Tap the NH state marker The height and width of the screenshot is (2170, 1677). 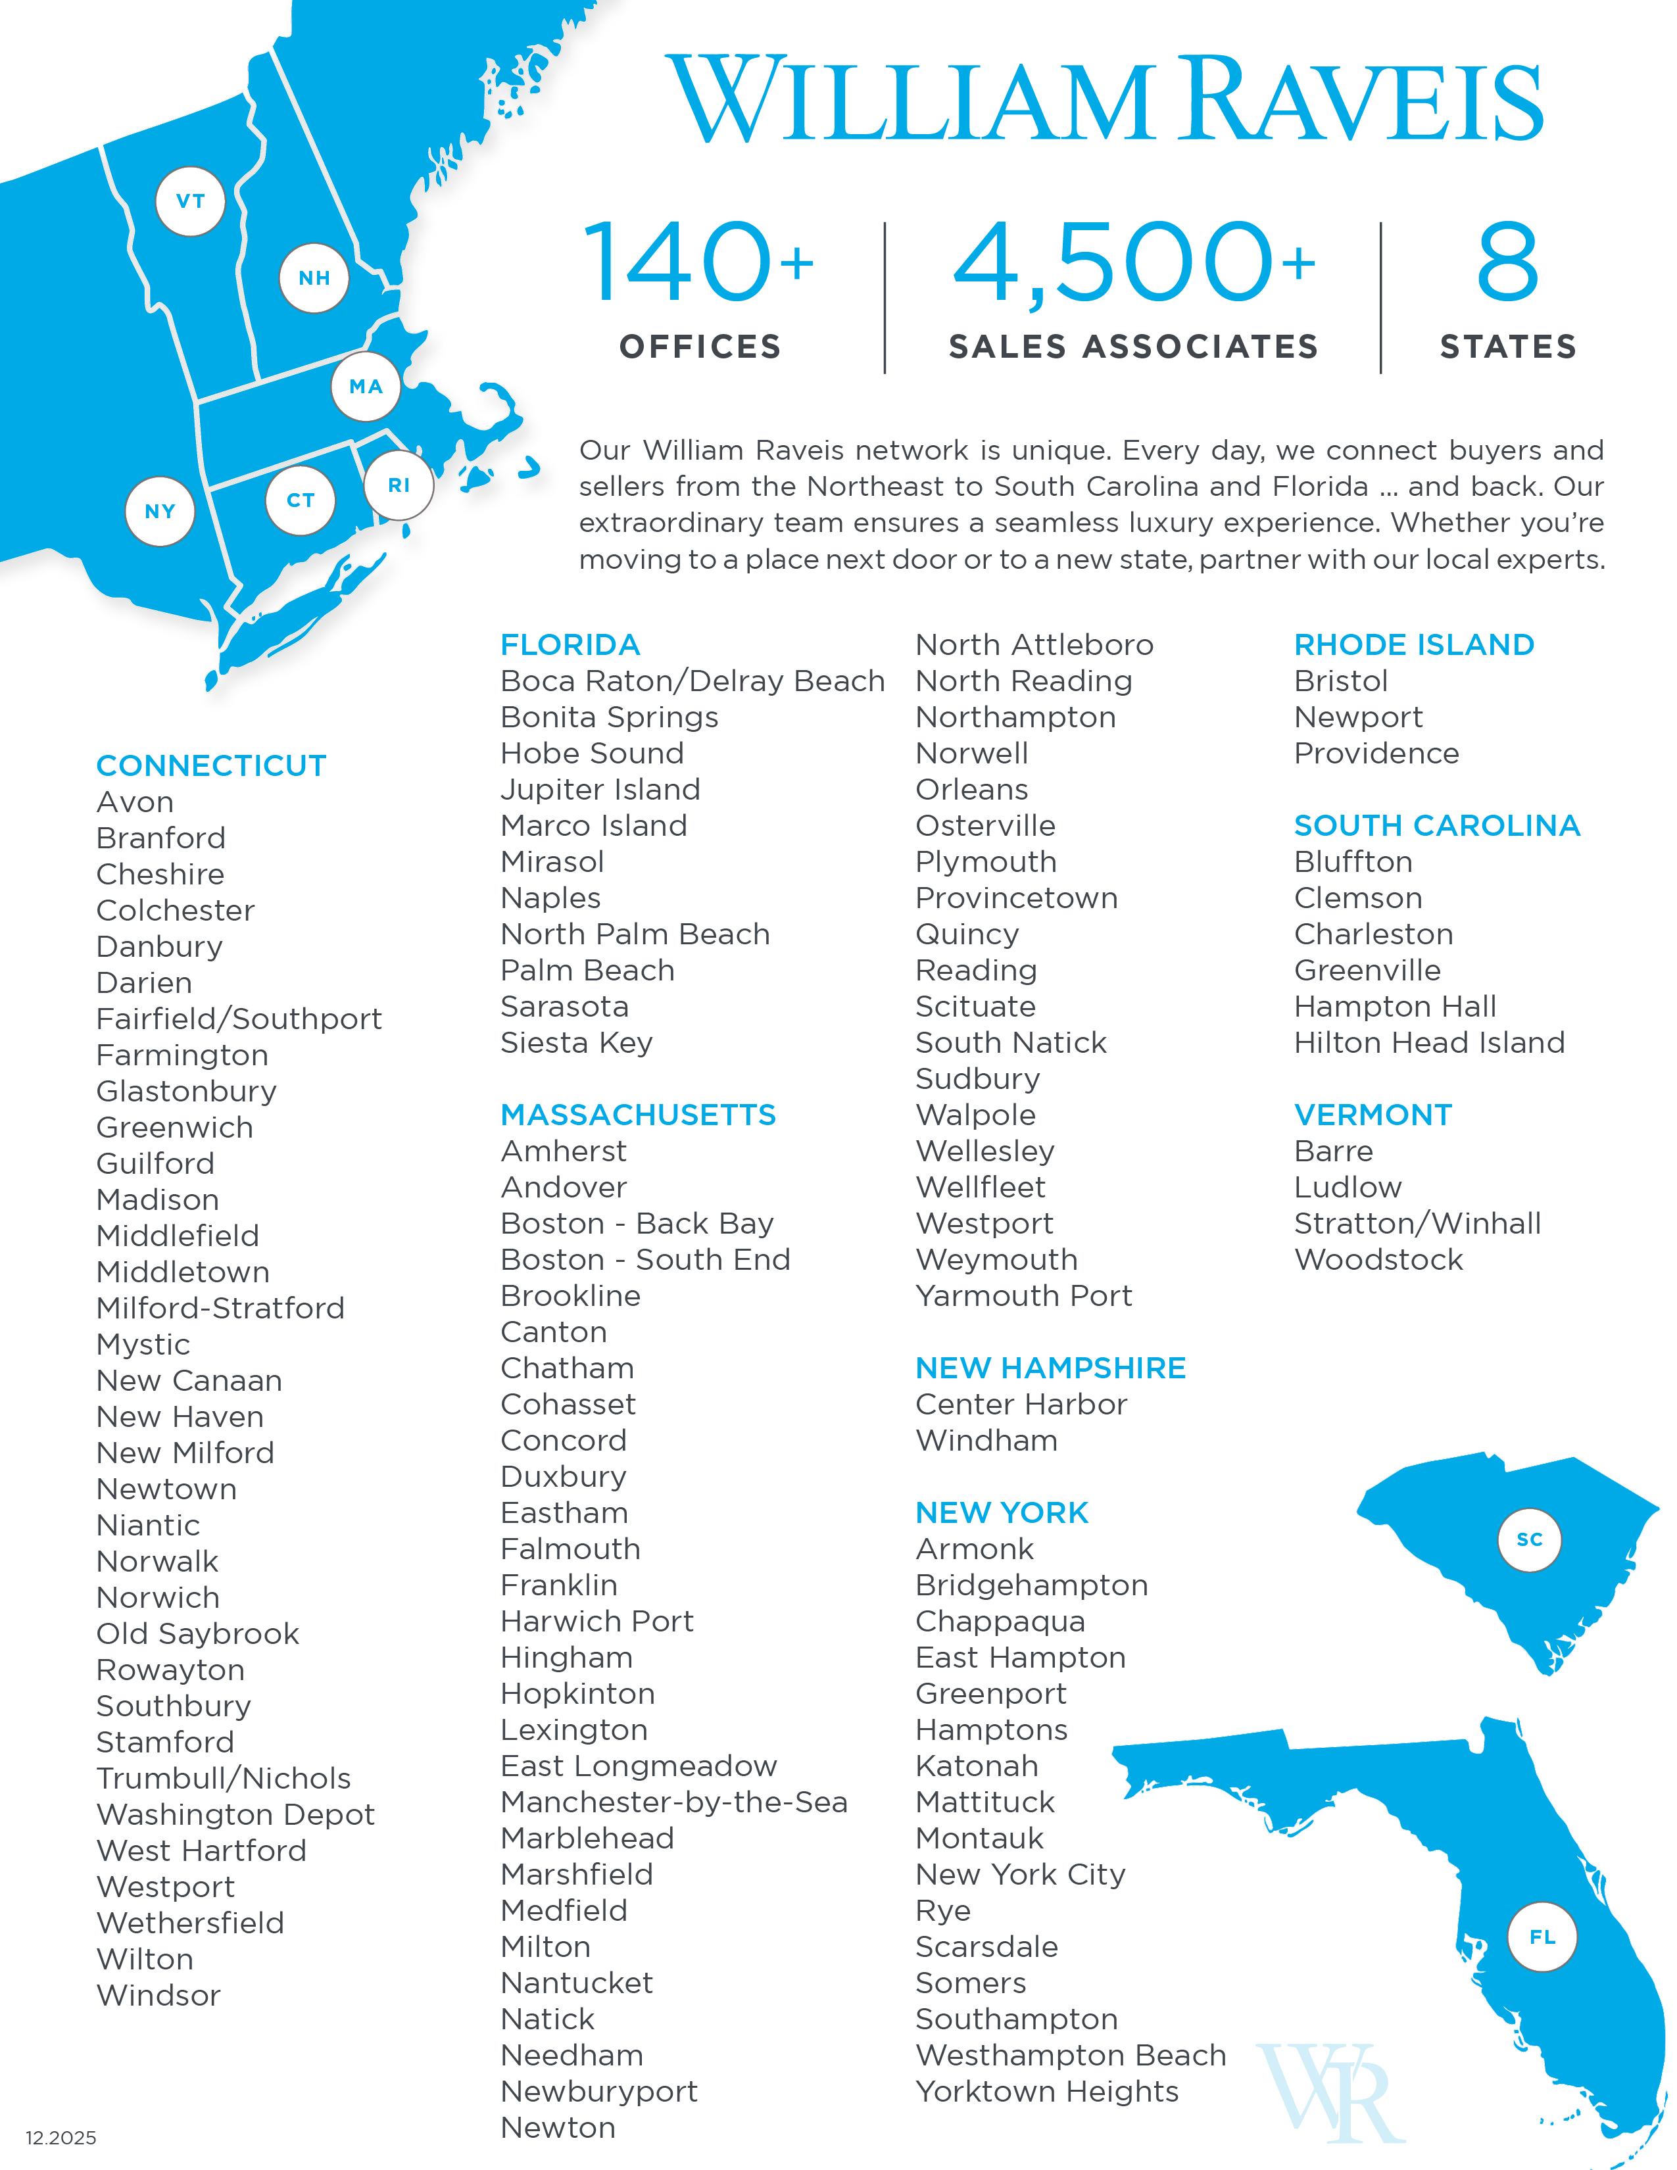[x=314, y=278]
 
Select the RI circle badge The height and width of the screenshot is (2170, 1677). [x=399, y=485]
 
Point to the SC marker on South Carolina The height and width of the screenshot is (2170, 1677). [x=1529, y=1539]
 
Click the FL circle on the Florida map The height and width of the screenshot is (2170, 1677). [x=1542, y=1937]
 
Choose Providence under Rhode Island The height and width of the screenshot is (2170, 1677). [x=1376, y=753]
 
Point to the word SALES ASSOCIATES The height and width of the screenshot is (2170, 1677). [x=1132, y=346]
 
